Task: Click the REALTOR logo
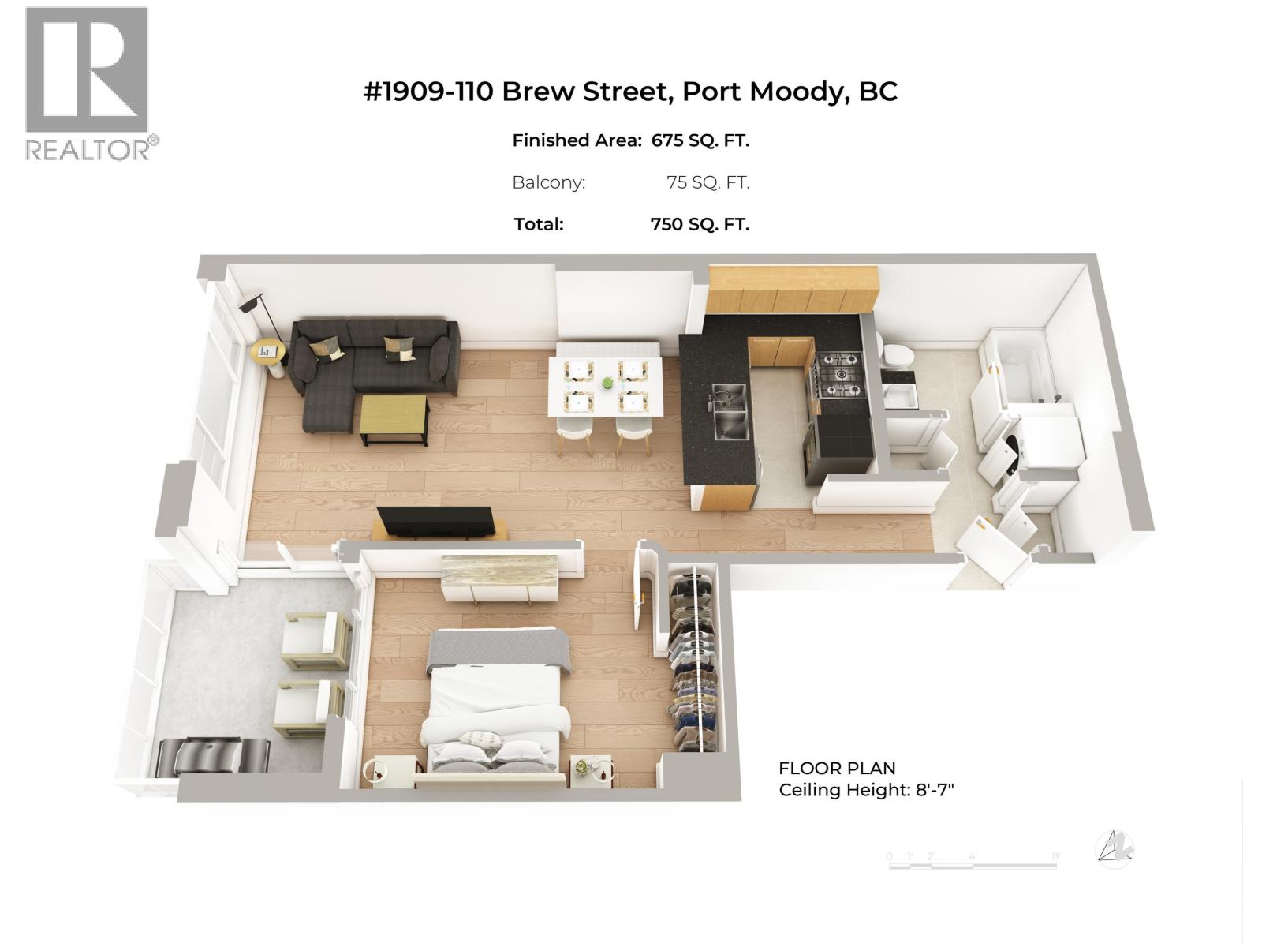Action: point(88,83)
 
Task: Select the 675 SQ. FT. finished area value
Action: point(700,140)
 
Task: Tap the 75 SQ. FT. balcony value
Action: point(708,182)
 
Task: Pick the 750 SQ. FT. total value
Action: point(700,224)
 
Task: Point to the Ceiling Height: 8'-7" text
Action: point(866,790)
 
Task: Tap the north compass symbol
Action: point(1115,848)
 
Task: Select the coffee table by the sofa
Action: point(394,419)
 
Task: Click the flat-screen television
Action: point(436,522)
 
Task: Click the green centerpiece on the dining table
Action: point(607,384)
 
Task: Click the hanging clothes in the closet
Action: point(694,663)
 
